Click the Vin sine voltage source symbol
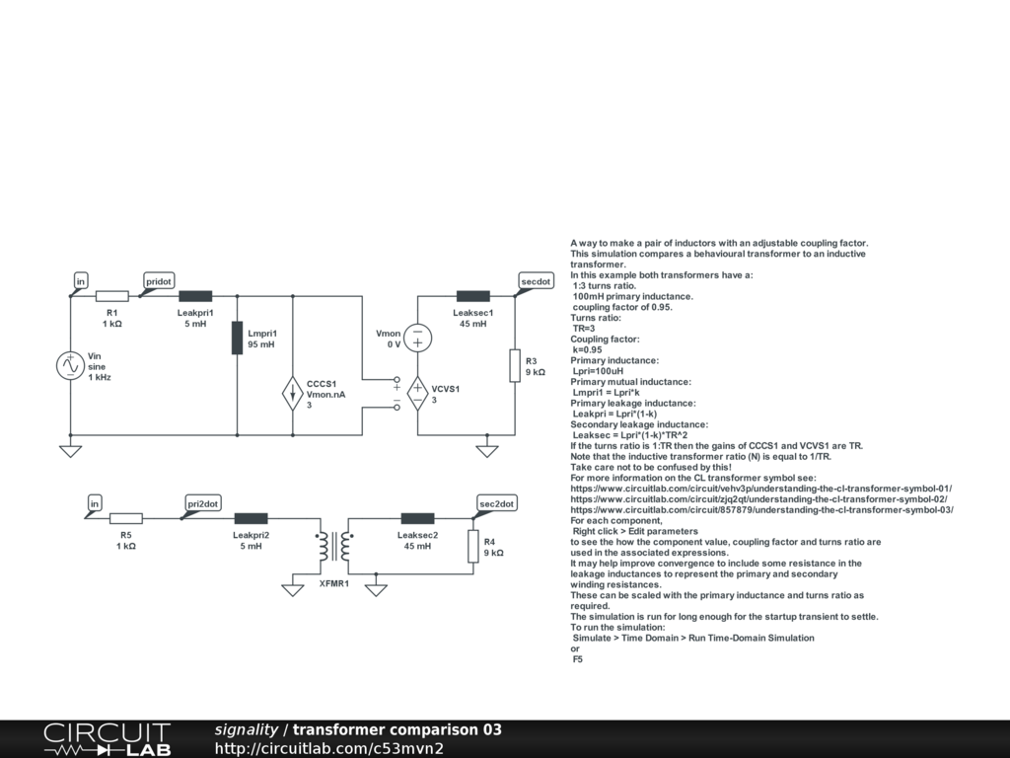pyautogui.click(x=71, y=365)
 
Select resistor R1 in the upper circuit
pyautogui.click(x=111, y=295)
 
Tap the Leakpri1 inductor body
pyautogui.click(x=194, y=295)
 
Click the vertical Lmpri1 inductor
pyautogui.click(x=238, y=338)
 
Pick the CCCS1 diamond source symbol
pyautogui.click(x=294, y=393)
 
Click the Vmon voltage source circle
pyautogui.click(x=417, y=338)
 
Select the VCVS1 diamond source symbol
pyautogui.click(x=417, y=393)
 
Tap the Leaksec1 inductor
pyautogui.click(x=473, y=295)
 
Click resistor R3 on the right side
pyautogui.click(x=515, y=365)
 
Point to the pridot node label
pyautogui.click(x=159, y=281)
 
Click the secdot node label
pyautogui.click(x=535, y=281)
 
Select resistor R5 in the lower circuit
pyautogui.click(x=125, y=517)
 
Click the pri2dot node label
pyautogui.click(x=203, y=503)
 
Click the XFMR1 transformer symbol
pyautogui.click(x=334, y=545)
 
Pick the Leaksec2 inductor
pyautogui.click(x=417, y=517)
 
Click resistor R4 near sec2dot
pyautogui.click(x=473, y=545)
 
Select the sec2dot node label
pyautogui.click(x=496, y=503)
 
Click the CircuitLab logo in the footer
pyautogui.click(x=107, y=739)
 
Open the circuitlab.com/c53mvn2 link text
pyautogui.click(x=328, y=748)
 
